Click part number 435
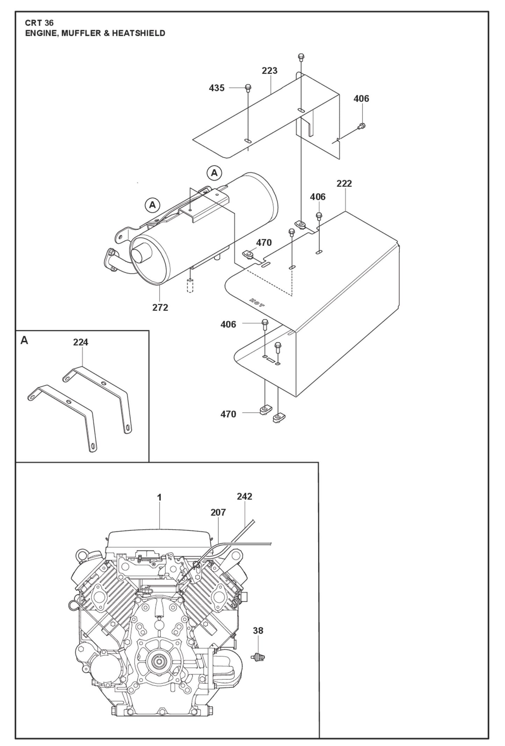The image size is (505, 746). point(216,88)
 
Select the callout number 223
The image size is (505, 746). point(269,71)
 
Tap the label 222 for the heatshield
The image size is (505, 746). point(344,184)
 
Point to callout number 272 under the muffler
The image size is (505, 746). point(160,308)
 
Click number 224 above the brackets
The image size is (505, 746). point(80,342)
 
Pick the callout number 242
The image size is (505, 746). point(244,496)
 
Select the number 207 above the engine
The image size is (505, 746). point(218,512)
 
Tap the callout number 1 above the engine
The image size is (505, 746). point(159,497)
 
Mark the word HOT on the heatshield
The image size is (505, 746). point(257,302)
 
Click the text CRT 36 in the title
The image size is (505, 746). point(39,23)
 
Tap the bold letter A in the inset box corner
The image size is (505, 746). point(24,340)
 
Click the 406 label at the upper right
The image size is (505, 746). point(361,99)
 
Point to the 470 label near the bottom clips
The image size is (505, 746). point(228,414)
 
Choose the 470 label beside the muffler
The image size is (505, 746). point(264,243)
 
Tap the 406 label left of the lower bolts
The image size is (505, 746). point(228,324)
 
